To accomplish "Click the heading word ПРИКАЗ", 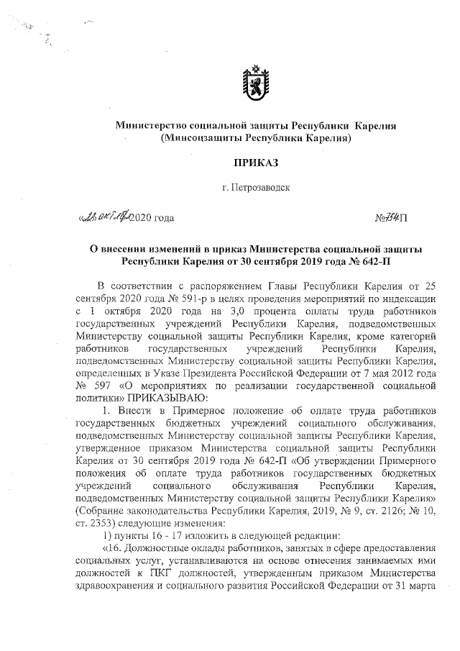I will click(x=256, y=162).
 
